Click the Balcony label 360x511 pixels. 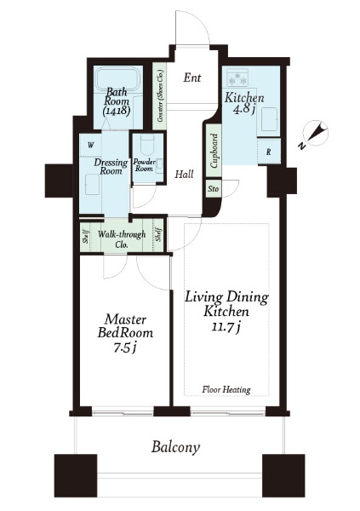175,447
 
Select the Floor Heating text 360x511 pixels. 226,389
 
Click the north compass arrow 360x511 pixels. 315,134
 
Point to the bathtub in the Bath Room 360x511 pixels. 118,79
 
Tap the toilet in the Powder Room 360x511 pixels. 146,146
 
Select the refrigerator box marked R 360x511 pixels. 268,152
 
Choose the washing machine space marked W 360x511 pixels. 90,146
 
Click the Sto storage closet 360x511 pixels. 214,189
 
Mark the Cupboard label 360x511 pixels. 214,151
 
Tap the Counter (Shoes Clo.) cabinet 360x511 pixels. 160,96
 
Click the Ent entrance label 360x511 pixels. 192,78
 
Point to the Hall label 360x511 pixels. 184,174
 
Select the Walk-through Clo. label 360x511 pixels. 122,239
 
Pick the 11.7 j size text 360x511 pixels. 226,327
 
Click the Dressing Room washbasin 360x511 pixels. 93,186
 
